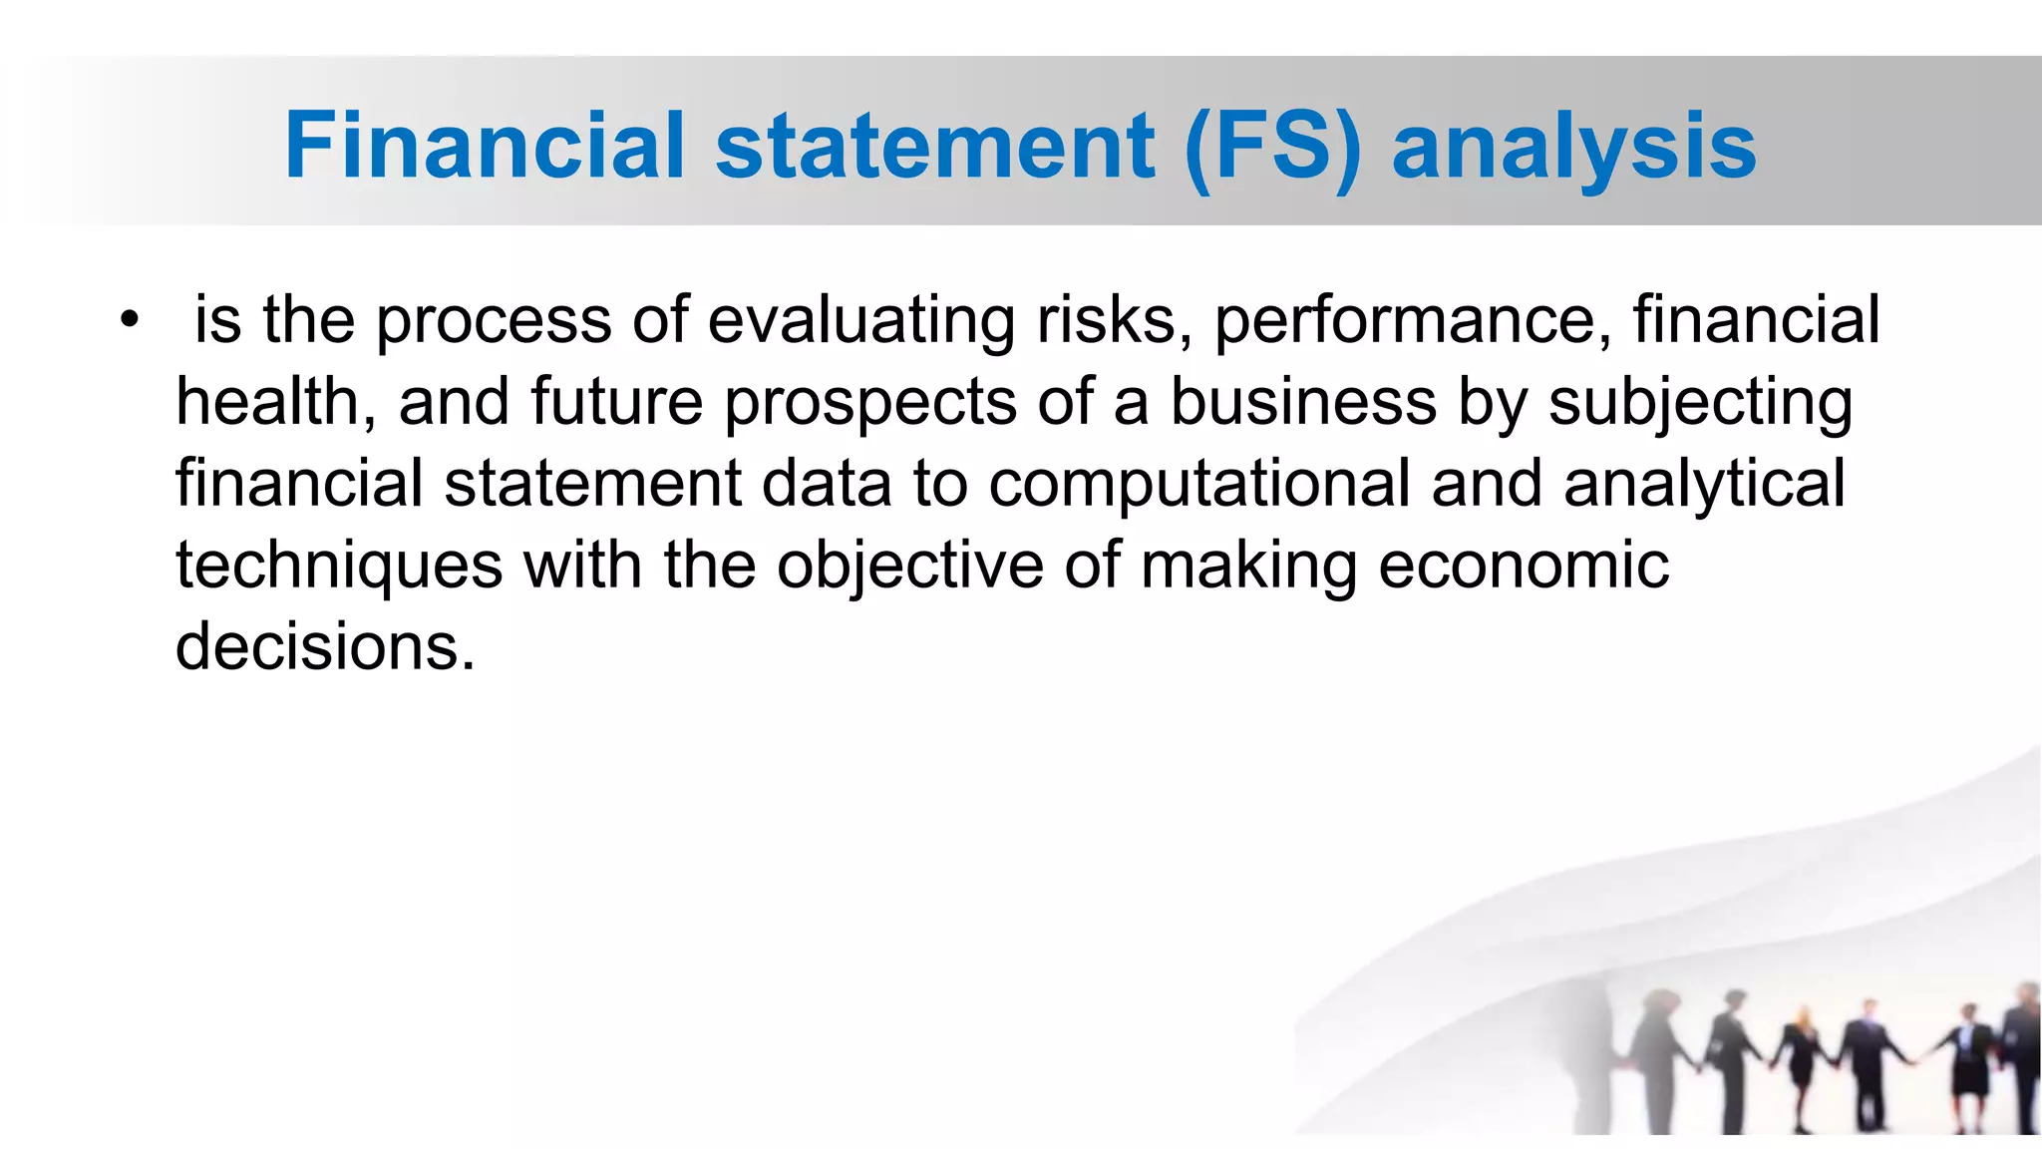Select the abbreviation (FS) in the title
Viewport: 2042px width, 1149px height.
[1273, 148]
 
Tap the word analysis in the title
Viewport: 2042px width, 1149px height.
[1573, 148]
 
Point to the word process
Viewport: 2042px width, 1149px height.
[494, 321]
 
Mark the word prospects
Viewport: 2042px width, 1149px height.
[870, 403]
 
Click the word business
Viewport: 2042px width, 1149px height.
[1303, 402]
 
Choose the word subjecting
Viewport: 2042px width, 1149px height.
[1700, 403]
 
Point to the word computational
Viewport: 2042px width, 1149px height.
[1198, 485]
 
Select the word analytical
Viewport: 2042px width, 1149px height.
[1704, 485]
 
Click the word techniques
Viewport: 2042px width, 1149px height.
[339, 566]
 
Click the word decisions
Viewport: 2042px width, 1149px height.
[325, 647]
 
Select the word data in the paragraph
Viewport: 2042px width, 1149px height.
[827, 484]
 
